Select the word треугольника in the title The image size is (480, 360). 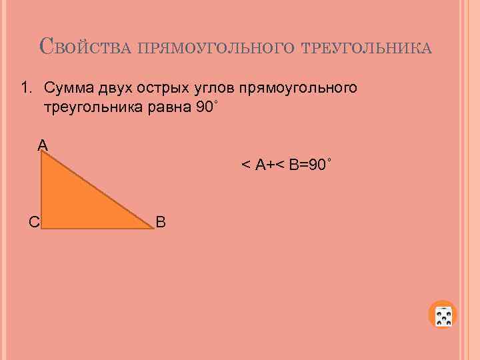tap(367, 49)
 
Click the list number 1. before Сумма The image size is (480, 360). tap(27, 88)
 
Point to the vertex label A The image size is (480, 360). tap(43, 144)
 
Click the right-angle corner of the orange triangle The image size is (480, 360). tap(43, 227)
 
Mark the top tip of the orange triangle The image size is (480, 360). tap(42, 152)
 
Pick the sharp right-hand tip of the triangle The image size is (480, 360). tap(152, 228)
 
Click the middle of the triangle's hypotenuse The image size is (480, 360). tap(97, 190)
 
